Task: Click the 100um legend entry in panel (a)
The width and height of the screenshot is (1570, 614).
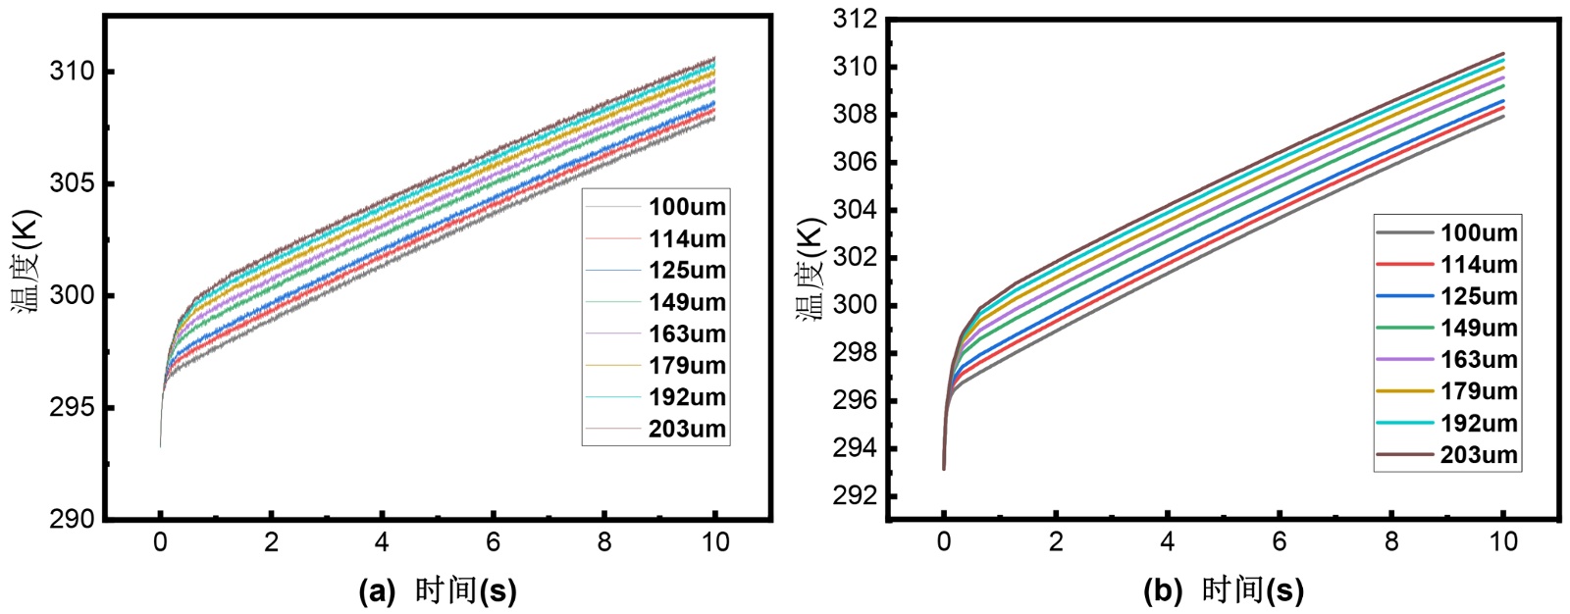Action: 687,207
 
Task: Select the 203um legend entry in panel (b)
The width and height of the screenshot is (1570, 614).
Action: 1478,455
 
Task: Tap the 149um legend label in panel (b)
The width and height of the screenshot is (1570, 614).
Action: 1478,329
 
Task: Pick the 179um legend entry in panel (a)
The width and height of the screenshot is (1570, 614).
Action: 687,366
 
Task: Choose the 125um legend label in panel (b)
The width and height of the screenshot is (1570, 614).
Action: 1478,296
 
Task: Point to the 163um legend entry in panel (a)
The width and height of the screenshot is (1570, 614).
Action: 687,334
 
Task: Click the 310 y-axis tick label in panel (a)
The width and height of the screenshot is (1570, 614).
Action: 73,72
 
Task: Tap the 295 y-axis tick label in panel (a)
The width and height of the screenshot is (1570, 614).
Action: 73,408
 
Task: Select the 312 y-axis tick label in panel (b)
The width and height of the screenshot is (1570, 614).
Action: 853,20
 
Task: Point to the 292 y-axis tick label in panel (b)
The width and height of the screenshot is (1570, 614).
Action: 853,496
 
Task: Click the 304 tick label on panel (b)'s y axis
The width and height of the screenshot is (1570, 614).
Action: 853,210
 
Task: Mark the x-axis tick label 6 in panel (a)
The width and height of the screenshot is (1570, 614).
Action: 493,542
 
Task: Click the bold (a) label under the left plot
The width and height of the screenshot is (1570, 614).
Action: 377,591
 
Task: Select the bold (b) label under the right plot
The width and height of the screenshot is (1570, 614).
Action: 1162,591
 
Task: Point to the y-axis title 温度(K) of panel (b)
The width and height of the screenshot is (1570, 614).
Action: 811,270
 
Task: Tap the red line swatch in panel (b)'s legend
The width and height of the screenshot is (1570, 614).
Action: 1404,265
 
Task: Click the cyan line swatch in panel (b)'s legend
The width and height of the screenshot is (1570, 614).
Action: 1404,424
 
